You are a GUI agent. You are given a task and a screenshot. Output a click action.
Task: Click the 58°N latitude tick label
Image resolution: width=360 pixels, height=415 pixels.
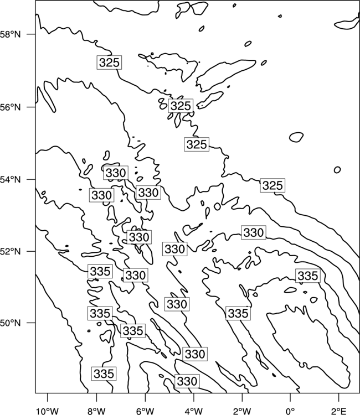point(11,34)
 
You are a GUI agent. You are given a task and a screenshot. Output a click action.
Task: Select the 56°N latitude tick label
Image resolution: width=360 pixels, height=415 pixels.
point(11,107)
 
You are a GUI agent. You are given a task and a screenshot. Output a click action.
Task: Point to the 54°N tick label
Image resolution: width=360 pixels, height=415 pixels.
point(11,179)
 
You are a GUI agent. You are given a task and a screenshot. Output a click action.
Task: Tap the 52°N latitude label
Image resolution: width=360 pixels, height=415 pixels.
point(11,251)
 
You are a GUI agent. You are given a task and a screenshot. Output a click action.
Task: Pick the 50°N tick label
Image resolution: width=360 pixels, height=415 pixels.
point(11,323)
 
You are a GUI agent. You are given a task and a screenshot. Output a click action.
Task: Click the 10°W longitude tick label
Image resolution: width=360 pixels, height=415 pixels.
point(48,411)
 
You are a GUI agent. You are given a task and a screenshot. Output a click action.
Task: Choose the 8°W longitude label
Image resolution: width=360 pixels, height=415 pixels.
point(96,411)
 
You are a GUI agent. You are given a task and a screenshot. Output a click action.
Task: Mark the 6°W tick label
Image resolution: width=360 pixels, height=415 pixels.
point(145,411)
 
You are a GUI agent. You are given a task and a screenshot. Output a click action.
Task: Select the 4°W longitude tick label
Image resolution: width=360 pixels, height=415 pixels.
point(194,411)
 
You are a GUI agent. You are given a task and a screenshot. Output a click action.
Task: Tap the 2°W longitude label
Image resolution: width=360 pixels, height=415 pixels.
point(242,411)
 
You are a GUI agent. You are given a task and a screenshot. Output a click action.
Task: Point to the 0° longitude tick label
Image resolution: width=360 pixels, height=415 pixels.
point(290,411)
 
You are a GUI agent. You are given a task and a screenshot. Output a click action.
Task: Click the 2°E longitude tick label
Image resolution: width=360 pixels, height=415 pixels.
point(339,411)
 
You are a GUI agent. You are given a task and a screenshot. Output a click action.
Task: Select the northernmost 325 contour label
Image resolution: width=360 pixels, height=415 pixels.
point(110,63)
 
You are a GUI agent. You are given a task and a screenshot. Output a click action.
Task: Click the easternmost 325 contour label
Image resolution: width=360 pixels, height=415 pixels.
point(272,185)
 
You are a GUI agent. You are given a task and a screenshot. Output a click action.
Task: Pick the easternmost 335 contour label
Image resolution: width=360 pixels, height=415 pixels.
point(307,276)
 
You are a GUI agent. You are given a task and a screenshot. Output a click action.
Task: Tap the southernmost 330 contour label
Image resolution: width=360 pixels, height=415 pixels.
point(187,381)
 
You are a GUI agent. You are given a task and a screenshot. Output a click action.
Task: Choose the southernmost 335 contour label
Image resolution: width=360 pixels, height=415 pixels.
point(104,373)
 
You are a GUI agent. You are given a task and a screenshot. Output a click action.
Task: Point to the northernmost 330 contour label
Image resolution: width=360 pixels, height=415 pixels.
point(116,173)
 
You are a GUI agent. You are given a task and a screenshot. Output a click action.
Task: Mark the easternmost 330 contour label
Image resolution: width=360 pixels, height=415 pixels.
point(254,232)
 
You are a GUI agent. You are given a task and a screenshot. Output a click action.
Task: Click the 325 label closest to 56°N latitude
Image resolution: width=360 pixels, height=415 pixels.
point(181,106)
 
